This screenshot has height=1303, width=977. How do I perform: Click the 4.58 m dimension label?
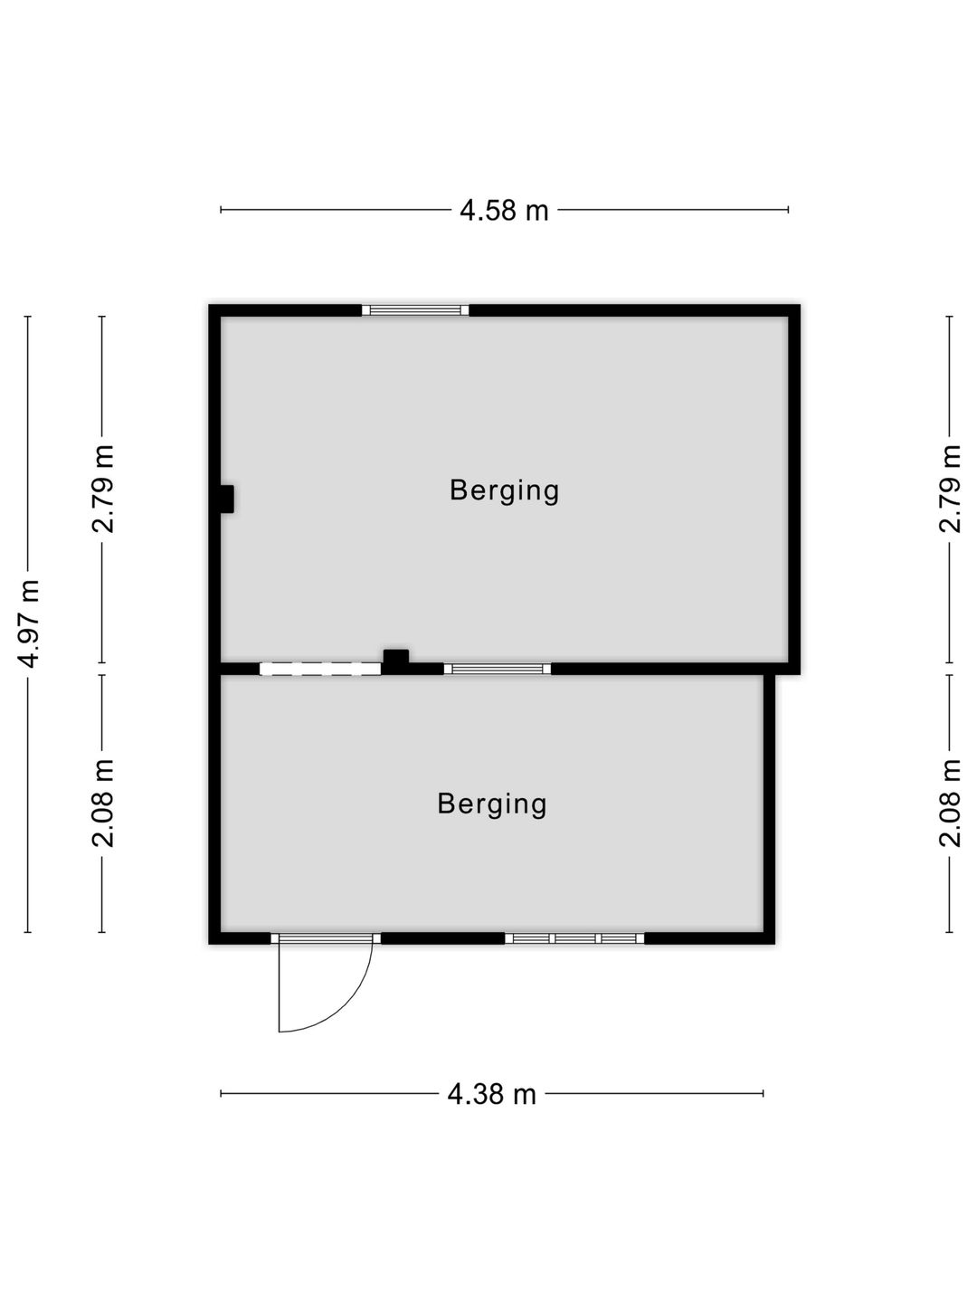504,211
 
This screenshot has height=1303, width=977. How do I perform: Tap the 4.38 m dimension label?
492,1095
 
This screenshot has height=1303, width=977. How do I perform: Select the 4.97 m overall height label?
30,623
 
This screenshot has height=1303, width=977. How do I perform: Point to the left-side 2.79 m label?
104,488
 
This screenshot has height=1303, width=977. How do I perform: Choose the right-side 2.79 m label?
950,488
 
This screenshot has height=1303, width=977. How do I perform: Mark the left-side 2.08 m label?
104,803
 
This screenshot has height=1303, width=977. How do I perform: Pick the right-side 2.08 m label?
950,803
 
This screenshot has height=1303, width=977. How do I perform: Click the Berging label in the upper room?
504,491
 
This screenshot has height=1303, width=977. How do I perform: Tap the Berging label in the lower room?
492,804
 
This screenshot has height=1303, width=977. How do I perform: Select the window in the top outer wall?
415,310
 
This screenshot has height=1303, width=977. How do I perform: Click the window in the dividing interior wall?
498,670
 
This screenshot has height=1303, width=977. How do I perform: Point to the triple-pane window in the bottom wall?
574,938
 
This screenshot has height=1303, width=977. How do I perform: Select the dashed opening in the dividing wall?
320,670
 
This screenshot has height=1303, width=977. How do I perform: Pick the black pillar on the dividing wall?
395,661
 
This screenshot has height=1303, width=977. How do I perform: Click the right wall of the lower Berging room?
769,805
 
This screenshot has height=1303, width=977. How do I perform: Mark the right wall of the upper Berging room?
794,489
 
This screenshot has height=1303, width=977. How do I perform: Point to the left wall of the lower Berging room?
215,805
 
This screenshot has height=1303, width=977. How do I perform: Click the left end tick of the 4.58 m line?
222,211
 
